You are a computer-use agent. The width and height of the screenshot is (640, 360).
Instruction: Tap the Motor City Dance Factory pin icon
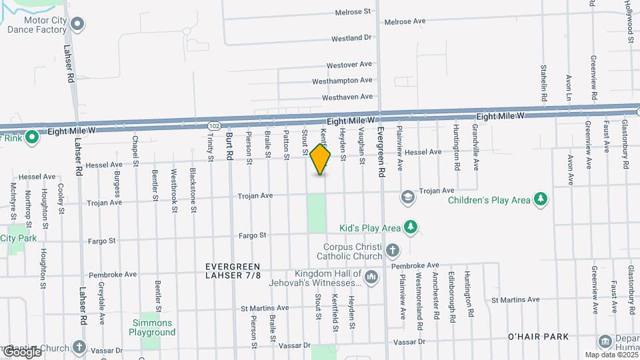point(77,25)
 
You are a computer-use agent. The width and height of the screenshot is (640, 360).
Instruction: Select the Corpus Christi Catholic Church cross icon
point(393,251)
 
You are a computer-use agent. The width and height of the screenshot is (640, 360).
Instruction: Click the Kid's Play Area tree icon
point(411,228)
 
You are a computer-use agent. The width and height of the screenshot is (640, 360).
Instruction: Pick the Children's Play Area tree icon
point(541,199)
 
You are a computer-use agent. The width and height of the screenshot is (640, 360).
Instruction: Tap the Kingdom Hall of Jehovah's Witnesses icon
point(372,276)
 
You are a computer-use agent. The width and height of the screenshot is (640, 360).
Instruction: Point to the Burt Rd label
point(229,145)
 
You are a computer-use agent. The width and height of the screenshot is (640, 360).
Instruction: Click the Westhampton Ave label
point(341,81)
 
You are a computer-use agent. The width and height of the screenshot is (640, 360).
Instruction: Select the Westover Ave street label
point(349,65)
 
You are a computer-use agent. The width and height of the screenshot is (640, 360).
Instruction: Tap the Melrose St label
point(353,12)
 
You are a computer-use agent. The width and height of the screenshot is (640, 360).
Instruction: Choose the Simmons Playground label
point(152,327)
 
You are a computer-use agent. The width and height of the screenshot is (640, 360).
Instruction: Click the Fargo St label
point(253,235)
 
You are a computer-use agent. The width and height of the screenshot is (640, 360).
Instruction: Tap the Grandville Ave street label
point(476,150)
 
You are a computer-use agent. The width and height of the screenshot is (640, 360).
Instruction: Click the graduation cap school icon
point(406,197)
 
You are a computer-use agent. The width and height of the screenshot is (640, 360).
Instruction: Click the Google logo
point(21,352)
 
